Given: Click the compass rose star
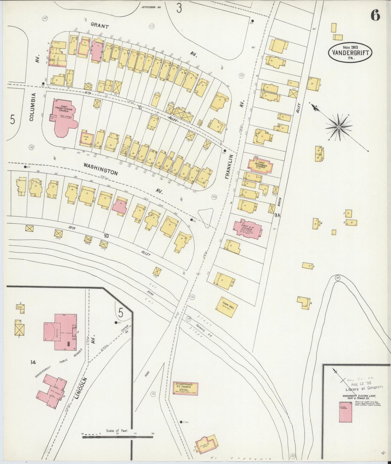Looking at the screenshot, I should click(x=339, y=127).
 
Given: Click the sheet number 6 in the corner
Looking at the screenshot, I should click(x=375, y=16).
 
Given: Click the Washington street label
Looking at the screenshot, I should click(x=100, y=169).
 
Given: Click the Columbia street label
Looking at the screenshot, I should click(x=32, y=107).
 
